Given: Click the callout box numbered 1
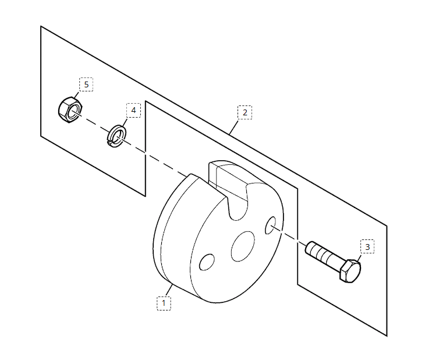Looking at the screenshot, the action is point(164,303).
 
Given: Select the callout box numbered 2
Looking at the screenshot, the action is point(245,112).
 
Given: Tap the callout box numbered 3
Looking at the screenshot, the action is point(367,246).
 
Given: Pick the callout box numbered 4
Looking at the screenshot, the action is point(133,110).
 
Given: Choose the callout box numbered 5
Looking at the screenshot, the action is point(86,84).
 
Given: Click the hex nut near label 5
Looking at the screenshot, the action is point(70,110).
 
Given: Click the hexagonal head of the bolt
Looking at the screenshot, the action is point(350,271).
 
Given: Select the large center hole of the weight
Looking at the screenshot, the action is point(243,246).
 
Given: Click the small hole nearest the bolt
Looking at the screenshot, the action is point(271,225).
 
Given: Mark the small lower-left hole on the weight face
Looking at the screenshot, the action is point(207,262).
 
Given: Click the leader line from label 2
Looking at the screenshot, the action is point(233,127).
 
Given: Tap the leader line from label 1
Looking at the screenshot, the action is point(169,290).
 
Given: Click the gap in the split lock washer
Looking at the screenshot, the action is point(109,142).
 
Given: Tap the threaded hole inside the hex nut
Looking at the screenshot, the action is point(75,112).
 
